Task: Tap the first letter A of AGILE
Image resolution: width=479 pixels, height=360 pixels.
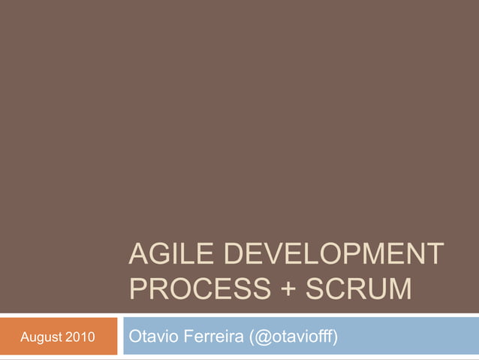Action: click(138, 254)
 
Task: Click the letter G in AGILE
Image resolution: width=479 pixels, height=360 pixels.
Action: click(159, 254)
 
